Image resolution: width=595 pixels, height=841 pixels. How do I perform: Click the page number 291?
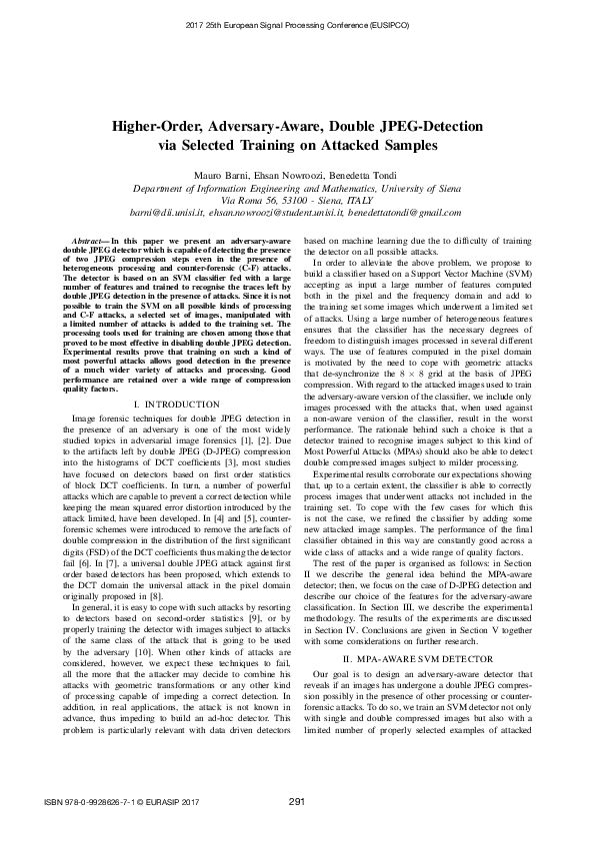[296, 802]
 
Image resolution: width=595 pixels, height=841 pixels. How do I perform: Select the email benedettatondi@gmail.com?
[408, 212]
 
